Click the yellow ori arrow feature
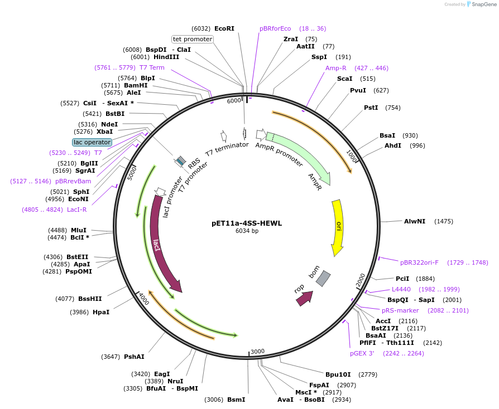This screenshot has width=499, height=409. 337,226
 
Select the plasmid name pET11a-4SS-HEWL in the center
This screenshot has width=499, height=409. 247,223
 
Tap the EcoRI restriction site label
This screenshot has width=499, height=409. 224,28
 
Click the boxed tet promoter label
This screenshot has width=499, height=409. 193,39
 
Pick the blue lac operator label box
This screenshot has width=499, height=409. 92,142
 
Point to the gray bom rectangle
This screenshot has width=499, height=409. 323,279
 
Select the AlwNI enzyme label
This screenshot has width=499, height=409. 415,221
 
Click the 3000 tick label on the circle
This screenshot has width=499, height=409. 257,351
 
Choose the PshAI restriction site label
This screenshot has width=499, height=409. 134,357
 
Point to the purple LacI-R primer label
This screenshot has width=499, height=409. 75,210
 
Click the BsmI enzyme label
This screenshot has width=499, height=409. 236,400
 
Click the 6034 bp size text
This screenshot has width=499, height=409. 247,231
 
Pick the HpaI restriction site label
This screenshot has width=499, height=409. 101,312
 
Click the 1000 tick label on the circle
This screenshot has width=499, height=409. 352,155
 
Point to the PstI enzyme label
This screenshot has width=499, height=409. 371,108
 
